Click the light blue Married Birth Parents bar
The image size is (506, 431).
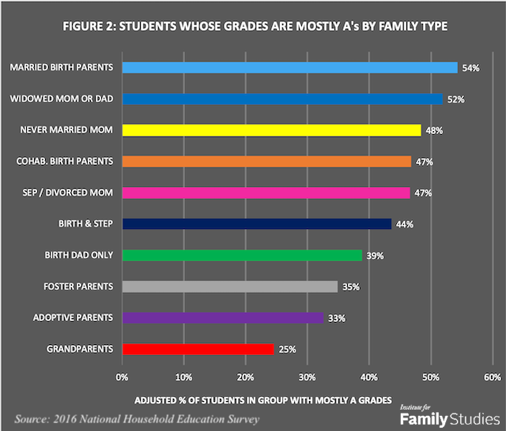(x=289, y=68)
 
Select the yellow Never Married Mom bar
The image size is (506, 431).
(x=271, y=130)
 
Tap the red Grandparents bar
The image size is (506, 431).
(x=198, y=348)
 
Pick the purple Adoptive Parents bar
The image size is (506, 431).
(x=223, y=317)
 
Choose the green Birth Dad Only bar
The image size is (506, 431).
(x=242, y=255)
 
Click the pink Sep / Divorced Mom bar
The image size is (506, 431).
(x=266, y=193)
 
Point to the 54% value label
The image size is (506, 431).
(x=471, y=69)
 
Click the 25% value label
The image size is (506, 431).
(x=287, y=349)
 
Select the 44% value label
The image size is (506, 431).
(x=405, y=224)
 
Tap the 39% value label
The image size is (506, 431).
(x=374, y=256)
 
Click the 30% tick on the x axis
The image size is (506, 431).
(x=308, y=376)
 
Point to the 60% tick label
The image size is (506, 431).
(x=493, y=376)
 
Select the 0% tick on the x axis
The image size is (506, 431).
(x=123, y=376)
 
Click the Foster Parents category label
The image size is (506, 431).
(x=78, y=286)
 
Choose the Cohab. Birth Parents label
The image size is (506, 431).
(x=66, y=161)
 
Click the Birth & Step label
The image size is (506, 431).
(x=87, y=223)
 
